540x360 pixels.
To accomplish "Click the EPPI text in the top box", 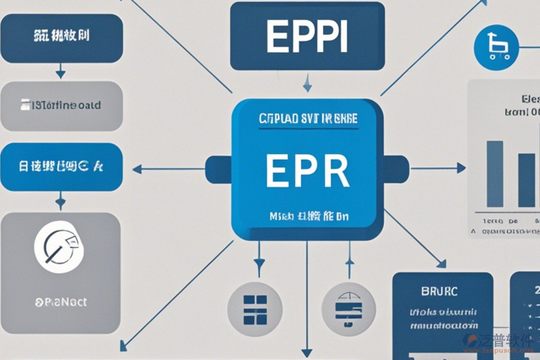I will pos(307,38).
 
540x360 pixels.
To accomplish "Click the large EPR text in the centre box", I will pos(307,171).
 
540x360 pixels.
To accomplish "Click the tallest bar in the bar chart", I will pos(494,174).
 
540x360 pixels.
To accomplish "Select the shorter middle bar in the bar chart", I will pos(526,180).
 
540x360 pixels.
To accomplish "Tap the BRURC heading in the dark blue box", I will pos(440,291).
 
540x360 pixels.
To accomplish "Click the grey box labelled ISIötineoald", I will pos(61,106).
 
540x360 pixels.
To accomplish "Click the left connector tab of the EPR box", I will pos(218,169).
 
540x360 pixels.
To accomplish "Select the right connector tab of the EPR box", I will pos(396,169).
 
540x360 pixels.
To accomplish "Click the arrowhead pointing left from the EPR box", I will pos(136,169).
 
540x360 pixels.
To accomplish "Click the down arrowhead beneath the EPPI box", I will pos(307,89).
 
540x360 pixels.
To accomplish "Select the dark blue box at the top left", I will pos(61,38).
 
